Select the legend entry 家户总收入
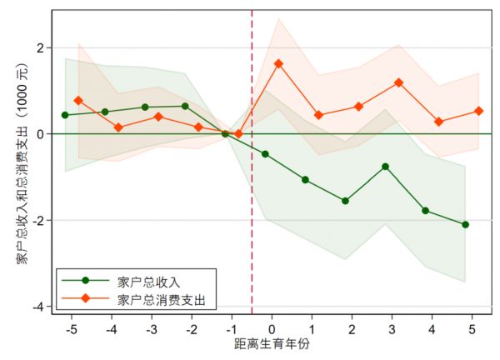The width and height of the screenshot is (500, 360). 156,281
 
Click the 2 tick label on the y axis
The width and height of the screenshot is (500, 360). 39,47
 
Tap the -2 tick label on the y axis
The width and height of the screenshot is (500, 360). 37,220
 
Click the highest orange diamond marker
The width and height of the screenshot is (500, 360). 278,63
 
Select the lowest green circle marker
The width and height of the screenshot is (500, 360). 465,224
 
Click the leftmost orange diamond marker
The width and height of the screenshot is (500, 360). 78,100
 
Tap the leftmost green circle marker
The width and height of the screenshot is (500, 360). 65,115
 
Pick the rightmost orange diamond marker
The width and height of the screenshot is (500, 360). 478,111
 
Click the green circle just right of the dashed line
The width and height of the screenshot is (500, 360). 265,154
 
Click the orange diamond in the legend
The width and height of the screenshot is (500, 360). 84,297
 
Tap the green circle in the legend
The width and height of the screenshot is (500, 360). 84,281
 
